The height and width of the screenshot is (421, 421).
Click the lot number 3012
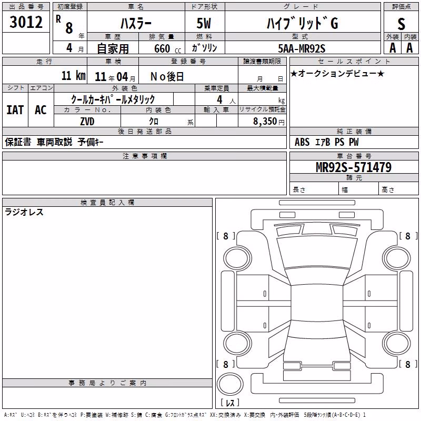click(26, 22)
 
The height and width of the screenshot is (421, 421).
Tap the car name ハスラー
click(136, 23)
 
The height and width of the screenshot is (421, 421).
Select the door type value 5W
click(204, 23)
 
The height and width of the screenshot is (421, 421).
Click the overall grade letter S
click(401, 24)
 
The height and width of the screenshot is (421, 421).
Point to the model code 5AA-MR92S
click(302, 48)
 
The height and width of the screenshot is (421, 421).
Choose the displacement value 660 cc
click(167, 48)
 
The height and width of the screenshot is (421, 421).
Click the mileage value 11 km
click(74, 75)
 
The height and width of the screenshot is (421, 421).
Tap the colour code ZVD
click(87, 122)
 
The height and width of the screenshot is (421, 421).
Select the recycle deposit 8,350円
click(269, 122)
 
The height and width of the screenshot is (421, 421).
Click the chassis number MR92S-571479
click(354, 167)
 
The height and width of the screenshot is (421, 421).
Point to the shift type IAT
click(15, 110)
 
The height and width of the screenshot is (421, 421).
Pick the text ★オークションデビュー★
click(337, 73)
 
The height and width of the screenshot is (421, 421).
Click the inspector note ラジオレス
click(24, 212)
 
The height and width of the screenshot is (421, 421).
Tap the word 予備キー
click(91, 142)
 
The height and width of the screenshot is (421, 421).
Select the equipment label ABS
click(302, 142)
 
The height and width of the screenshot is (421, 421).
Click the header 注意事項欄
click(145, 156)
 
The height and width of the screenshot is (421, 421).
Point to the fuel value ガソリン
click(204, 48)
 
